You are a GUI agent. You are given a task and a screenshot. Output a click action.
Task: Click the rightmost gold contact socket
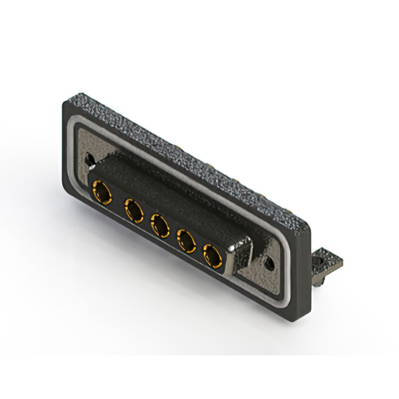(x=213, y=254)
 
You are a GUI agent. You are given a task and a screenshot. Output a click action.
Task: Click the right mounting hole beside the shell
(x=270, y=264)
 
